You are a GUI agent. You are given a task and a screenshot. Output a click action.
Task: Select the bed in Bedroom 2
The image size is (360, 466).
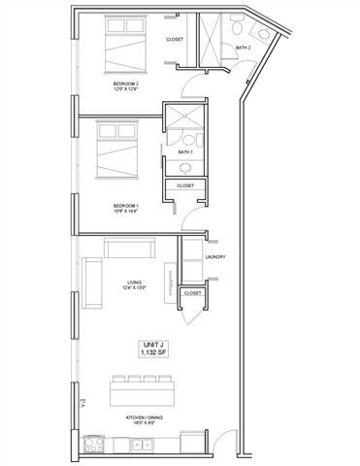(x=123, y=47)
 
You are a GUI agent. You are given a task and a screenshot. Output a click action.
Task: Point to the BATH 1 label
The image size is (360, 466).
(x=185, y=152)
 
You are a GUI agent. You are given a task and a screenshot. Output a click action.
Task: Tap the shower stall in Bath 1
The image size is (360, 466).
(x=183, y=119)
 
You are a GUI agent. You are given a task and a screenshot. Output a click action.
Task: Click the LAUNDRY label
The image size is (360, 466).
(x=215, y=256)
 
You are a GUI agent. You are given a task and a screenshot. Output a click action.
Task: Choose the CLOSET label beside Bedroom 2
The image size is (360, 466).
(x=175, y=40)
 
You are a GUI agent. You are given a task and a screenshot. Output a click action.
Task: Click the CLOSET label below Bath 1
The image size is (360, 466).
(x=184, y=185)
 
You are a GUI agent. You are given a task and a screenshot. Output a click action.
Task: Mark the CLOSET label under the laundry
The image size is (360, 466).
(x=192, y=292)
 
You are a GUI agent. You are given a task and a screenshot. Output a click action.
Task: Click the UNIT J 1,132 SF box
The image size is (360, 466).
(x=154, y=349)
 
